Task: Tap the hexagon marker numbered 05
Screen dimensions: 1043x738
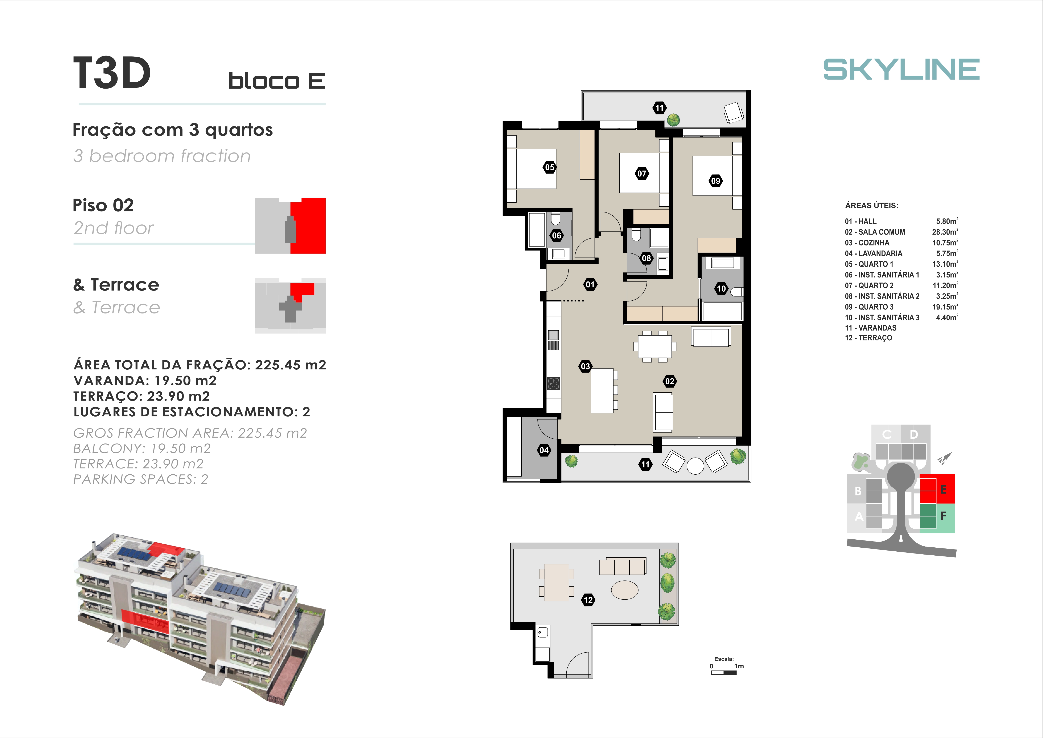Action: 550,167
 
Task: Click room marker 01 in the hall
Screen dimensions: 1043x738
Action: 590,284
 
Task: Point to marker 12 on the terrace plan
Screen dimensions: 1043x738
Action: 588,600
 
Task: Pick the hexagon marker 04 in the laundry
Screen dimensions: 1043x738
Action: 544,450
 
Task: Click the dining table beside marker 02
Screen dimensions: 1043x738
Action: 655,346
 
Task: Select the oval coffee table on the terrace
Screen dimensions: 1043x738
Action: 625,590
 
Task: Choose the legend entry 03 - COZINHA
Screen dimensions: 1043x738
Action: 867,243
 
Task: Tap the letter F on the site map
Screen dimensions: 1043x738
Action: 943,516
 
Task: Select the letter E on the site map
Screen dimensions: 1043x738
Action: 944,489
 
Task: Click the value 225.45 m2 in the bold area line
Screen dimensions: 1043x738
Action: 291,365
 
